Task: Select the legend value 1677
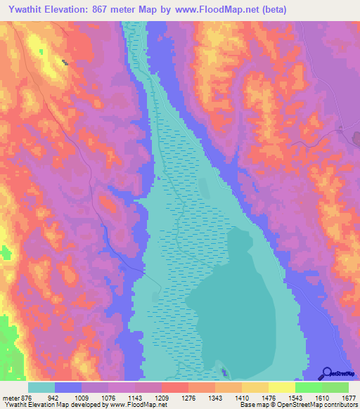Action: click(x=347, y=398)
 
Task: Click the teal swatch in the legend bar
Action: click(x=41, y=387)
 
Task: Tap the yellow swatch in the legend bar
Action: click(x=282, y=387)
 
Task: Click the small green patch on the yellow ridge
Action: click(x=41, y=52)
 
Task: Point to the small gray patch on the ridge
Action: click(x=65, y=63)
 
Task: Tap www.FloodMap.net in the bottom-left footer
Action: click(x=145, y=405)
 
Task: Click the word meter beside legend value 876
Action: click(x=11, y=398)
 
